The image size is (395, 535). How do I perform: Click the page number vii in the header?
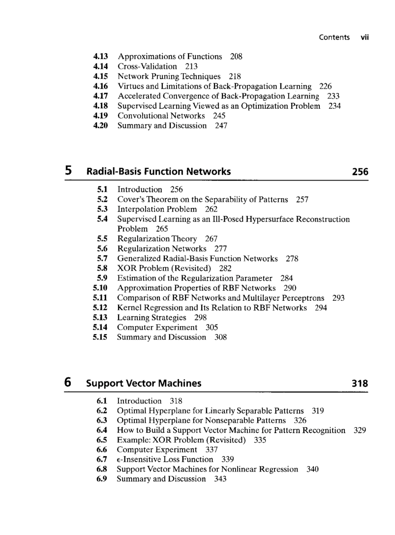tap(365, 37)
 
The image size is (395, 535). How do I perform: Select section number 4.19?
tap(100, 116)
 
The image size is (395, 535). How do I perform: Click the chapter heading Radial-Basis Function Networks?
tap(158, 172)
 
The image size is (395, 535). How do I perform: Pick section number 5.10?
tap(100, 288)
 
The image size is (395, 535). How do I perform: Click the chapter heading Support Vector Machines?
tap(144, 383)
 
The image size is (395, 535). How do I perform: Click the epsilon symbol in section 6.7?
tap(119, 460)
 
